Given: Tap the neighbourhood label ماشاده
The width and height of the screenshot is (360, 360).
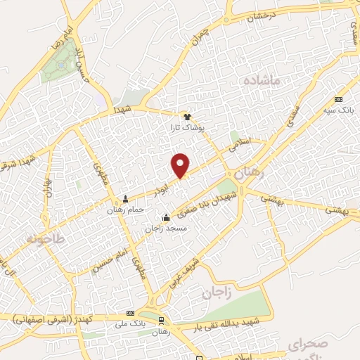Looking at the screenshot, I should point(262,82).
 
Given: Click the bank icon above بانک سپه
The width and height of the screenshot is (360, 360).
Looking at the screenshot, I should point(339,100).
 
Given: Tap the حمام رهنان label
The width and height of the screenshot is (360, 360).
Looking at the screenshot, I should point(127,210).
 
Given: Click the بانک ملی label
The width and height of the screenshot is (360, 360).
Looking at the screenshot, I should point(129,323).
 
